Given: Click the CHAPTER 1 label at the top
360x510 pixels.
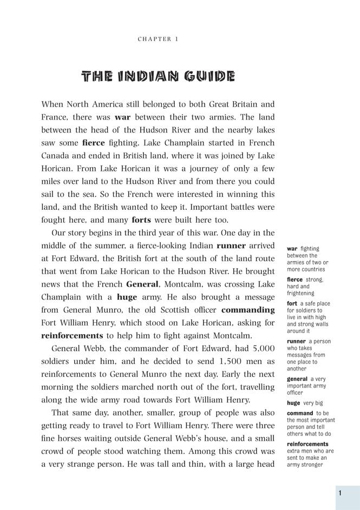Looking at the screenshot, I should click(158, 39).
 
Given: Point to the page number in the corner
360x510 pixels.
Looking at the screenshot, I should click(340, 493).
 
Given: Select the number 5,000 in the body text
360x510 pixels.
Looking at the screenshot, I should click(260, 348).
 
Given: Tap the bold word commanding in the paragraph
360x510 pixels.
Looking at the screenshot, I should click(248, 310).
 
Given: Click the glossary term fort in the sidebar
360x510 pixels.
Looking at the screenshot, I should click(292, 303).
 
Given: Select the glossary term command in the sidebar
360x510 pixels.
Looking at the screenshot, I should click(300, 413).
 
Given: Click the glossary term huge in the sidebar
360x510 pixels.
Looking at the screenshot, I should click(293, 403).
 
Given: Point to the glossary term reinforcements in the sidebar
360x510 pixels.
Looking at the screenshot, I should click(307, 444).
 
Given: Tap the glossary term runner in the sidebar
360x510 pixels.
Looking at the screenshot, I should click(296, 341).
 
